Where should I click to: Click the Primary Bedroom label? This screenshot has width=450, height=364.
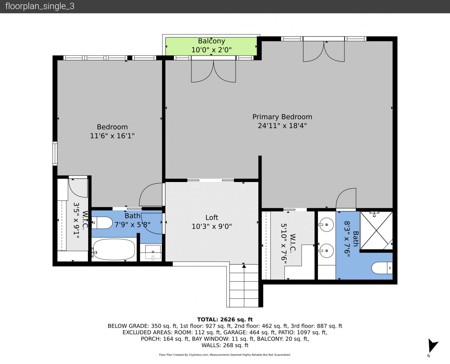[x=282, y=117]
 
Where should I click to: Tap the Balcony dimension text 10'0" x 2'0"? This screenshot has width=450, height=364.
[x=211, y=50]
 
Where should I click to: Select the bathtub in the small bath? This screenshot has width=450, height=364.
[x=114, y=249]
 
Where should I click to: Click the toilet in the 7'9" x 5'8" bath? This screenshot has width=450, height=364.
[x=102, y=223]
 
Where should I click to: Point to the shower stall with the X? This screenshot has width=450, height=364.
[x=376, y=231]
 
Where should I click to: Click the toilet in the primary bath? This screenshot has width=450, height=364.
[x=382, y=268]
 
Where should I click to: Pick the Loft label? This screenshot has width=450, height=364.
[x=212, y=217]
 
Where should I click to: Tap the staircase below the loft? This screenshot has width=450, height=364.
[x=244, y=285]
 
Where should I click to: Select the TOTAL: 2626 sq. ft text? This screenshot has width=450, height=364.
[x=225, y=320]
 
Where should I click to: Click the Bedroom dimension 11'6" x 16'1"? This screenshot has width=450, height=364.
[x=112, y=135]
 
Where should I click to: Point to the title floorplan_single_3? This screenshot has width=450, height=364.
[x=40, y=6]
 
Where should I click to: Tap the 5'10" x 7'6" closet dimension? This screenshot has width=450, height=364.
[x=284, y=244]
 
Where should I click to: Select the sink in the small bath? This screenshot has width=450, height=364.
[x=153, y=252]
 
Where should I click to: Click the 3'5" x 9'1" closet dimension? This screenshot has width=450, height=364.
[x=76, y=220]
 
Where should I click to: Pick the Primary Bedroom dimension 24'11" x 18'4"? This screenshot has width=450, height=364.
[x=282, y=126]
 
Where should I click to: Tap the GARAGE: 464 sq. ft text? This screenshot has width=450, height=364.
[x=250, y=332]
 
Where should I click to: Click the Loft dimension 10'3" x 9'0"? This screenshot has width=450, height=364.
[x=212, y=226]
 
